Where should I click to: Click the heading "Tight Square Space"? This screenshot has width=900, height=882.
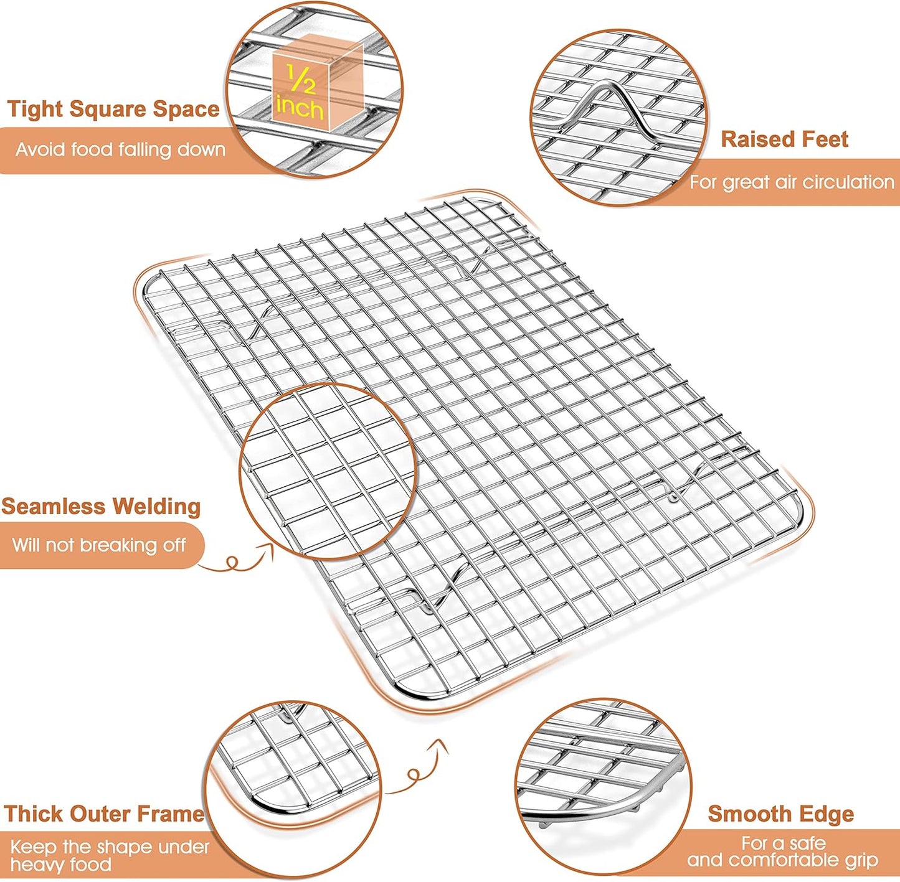(x=113, y=109)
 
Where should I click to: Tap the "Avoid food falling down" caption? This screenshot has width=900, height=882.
(x=120, y=149)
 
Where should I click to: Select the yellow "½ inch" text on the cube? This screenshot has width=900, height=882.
(x=300, y=93)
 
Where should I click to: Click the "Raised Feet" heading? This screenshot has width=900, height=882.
(x=784, y=139)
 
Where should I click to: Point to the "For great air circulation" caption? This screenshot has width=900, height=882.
(x=792, y=182)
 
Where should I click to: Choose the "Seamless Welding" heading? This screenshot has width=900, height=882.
(x=101, y=506)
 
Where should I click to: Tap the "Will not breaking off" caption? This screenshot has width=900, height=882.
(x=99, y=545)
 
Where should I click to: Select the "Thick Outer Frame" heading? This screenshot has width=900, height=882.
(x=104, y=814)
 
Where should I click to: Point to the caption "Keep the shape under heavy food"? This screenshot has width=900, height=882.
(x=110, y=855)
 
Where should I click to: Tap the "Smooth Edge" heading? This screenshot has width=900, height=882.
(x=780, y=814)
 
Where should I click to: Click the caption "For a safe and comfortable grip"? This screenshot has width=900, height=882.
(x=783, y=852)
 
